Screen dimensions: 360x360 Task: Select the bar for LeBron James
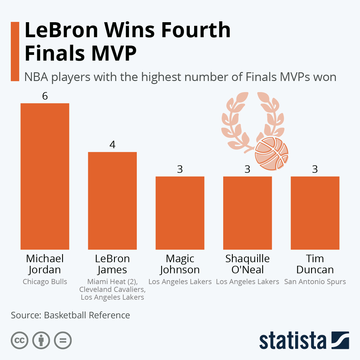[112, 201]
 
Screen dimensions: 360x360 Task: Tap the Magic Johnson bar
[180, 213]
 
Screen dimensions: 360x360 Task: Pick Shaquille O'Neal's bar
[247, 213]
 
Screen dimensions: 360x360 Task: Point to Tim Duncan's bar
[315, 213]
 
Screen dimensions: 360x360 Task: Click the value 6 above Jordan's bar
[45, 96]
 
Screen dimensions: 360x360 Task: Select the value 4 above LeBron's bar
[112, 145]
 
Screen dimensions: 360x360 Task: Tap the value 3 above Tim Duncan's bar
[315, 169]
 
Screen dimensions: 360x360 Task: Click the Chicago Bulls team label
[45, 282]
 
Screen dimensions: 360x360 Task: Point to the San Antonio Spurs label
[315, 282]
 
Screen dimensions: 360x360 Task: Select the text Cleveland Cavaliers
[112, 289]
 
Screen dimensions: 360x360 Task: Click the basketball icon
[271, 154]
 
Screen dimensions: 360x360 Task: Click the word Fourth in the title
[196, 30]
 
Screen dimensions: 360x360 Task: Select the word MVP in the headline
[114, 53]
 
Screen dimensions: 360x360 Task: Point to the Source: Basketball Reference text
[70, 315]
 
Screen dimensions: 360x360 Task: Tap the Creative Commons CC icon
[19, 340]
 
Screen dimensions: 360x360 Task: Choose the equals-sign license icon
[63, 340]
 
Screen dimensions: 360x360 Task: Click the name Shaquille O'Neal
[247, 264]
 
